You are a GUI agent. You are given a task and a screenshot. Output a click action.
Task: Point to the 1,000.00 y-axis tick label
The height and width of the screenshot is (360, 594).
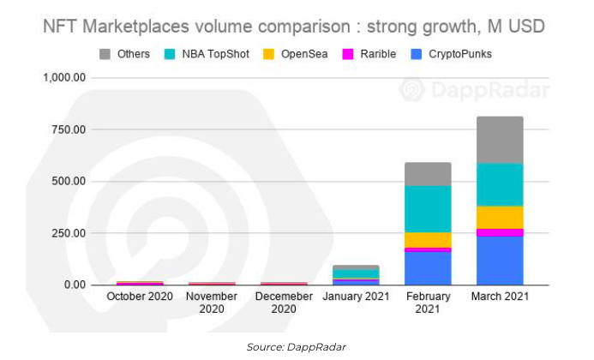coord(64,78)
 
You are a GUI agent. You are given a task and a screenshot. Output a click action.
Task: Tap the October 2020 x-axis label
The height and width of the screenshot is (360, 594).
coord(140,297)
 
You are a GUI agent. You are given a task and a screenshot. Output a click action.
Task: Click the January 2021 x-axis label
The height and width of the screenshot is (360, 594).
coord(356,297)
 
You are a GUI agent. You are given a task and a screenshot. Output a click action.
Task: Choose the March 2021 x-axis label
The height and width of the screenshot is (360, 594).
coord(500,297)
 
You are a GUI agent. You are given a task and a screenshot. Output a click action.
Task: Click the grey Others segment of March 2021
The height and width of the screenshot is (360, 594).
coord(500,140)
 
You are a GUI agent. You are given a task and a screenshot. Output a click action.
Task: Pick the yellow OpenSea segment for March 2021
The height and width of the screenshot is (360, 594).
coord(500,218)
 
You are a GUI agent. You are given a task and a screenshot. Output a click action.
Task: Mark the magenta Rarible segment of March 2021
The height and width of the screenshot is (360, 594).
coord(500,232)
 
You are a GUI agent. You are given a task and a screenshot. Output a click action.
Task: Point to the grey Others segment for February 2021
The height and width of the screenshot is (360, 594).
coord(428,174)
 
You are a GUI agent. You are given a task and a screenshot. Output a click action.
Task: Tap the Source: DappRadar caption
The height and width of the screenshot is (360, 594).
coord(296,345)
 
